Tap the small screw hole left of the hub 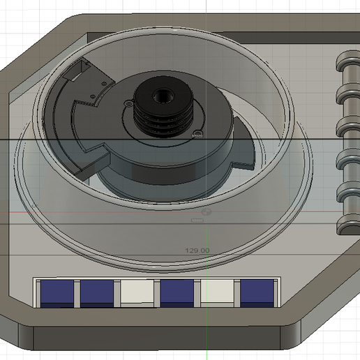(130, 102)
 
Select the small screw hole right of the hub (198, 130)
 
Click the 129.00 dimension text (197, 250)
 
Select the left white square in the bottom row (136, 293)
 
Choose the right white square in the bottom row (217, 293)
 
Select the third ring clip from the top (347, 128)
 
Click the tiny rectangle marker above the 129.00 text (197, 220)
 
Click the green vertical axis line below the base (207, 335)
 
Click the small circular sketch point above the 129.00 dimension (205, 210)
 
